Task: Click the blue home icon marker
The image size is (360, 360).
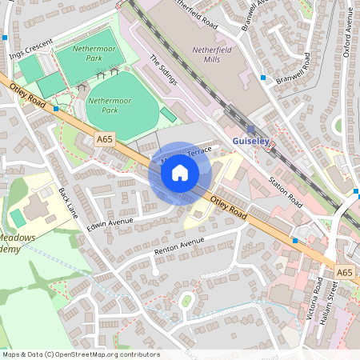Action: click(x=180, y=172)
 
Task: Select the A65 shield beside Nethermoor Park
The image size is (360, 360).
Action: click(x=105, y=139)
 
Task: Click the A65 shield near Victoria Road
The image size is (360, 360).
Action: click(x=345, y=273)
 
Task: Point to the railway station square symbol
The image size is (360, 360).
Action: click(x=250, y=128)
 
